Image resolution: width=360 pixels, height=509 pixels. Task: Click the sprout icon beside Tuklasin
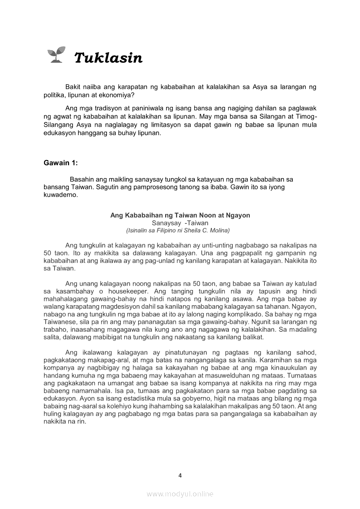pyautogui.click(x=55, y=55)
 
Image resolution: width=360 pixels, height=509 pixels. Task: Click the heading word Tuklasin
pyautogui.click(x=108, y=57)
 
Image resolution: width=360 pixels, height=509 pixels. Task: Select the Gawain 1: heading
pyautogui.click(x=61, y=163)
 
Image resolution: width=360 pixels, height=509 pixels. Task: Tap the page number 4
pyautogui.click(x=180, y=475)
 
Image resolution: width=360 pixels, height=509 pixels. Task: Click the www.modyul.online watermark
pyautogui.click(x=180, y=494)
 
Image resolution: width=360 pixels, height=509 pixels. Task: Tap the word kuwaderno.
pyautogui.click(x=61, y=195)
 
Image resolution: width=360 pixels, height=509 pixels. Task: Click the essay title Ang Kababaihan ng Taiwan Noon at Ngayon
pyautogui.click(x=180, y=215)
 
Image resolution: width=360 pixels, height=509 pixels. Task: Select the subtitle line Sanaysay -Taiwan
pyautogui.click(x=180, y=223)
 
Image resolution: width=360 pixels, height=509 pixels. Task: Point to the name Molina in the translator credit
pyautogui.click(x=219, y=230)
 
